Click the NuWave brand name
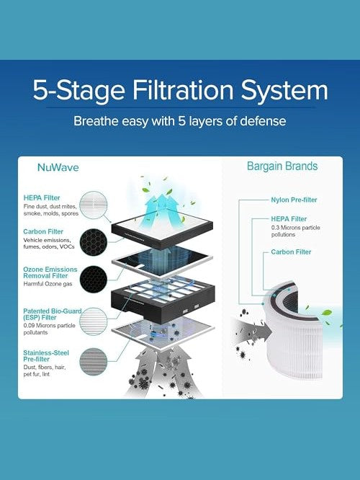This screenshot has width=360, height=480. (58, 167)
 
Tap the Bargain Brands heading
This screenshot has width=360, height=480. (282, 166)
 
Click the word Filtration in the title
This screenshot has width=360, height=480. (183, 90)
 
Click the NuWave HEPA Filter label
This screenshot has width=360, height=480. (42, 197)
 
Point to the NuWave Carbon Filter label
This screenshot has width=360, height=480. (43, 231)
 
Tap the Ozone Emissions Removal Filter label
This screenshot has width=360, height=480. (50, 272)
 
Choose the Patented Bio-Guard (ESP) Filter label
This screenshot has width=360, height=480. (53, 314)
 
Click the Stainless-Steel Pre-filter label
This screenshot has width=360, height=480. (46, 356)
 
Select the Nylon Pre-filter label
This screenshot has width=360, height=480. (294, 200)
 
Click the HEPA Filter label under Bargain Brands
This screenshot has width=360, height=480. (289, 219)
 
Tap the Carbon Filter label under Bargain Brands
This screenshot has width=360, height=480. (291, 252)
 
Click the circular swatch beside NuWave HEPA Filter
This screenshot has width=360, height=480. (94, 205)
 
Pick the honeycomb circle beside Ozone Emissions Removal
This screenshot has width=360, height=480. (94, 279)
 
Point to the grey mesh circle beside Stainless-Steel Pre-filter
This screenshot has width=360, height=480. (94, 362)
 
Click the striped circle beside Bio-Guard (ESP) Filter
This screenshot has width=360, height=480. (94, 321)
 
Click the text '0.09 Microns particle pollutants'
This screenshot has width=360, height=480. (49, 329)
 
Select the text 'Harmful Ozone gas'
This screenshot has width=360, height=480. (48, 284)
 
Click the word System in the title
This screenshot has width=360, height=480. (284, 91)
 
